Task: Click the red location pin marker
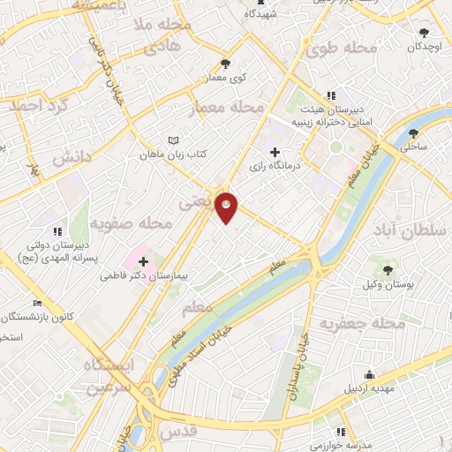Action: click(227, 207)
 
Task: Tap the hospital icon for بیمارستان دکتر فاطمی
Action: click(143, 261)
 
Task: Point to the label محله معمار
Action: click(227, 107)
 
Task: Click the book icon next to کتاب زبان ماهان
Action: click(173, 140)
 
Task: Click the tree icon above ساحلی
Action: click(413, 134)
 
